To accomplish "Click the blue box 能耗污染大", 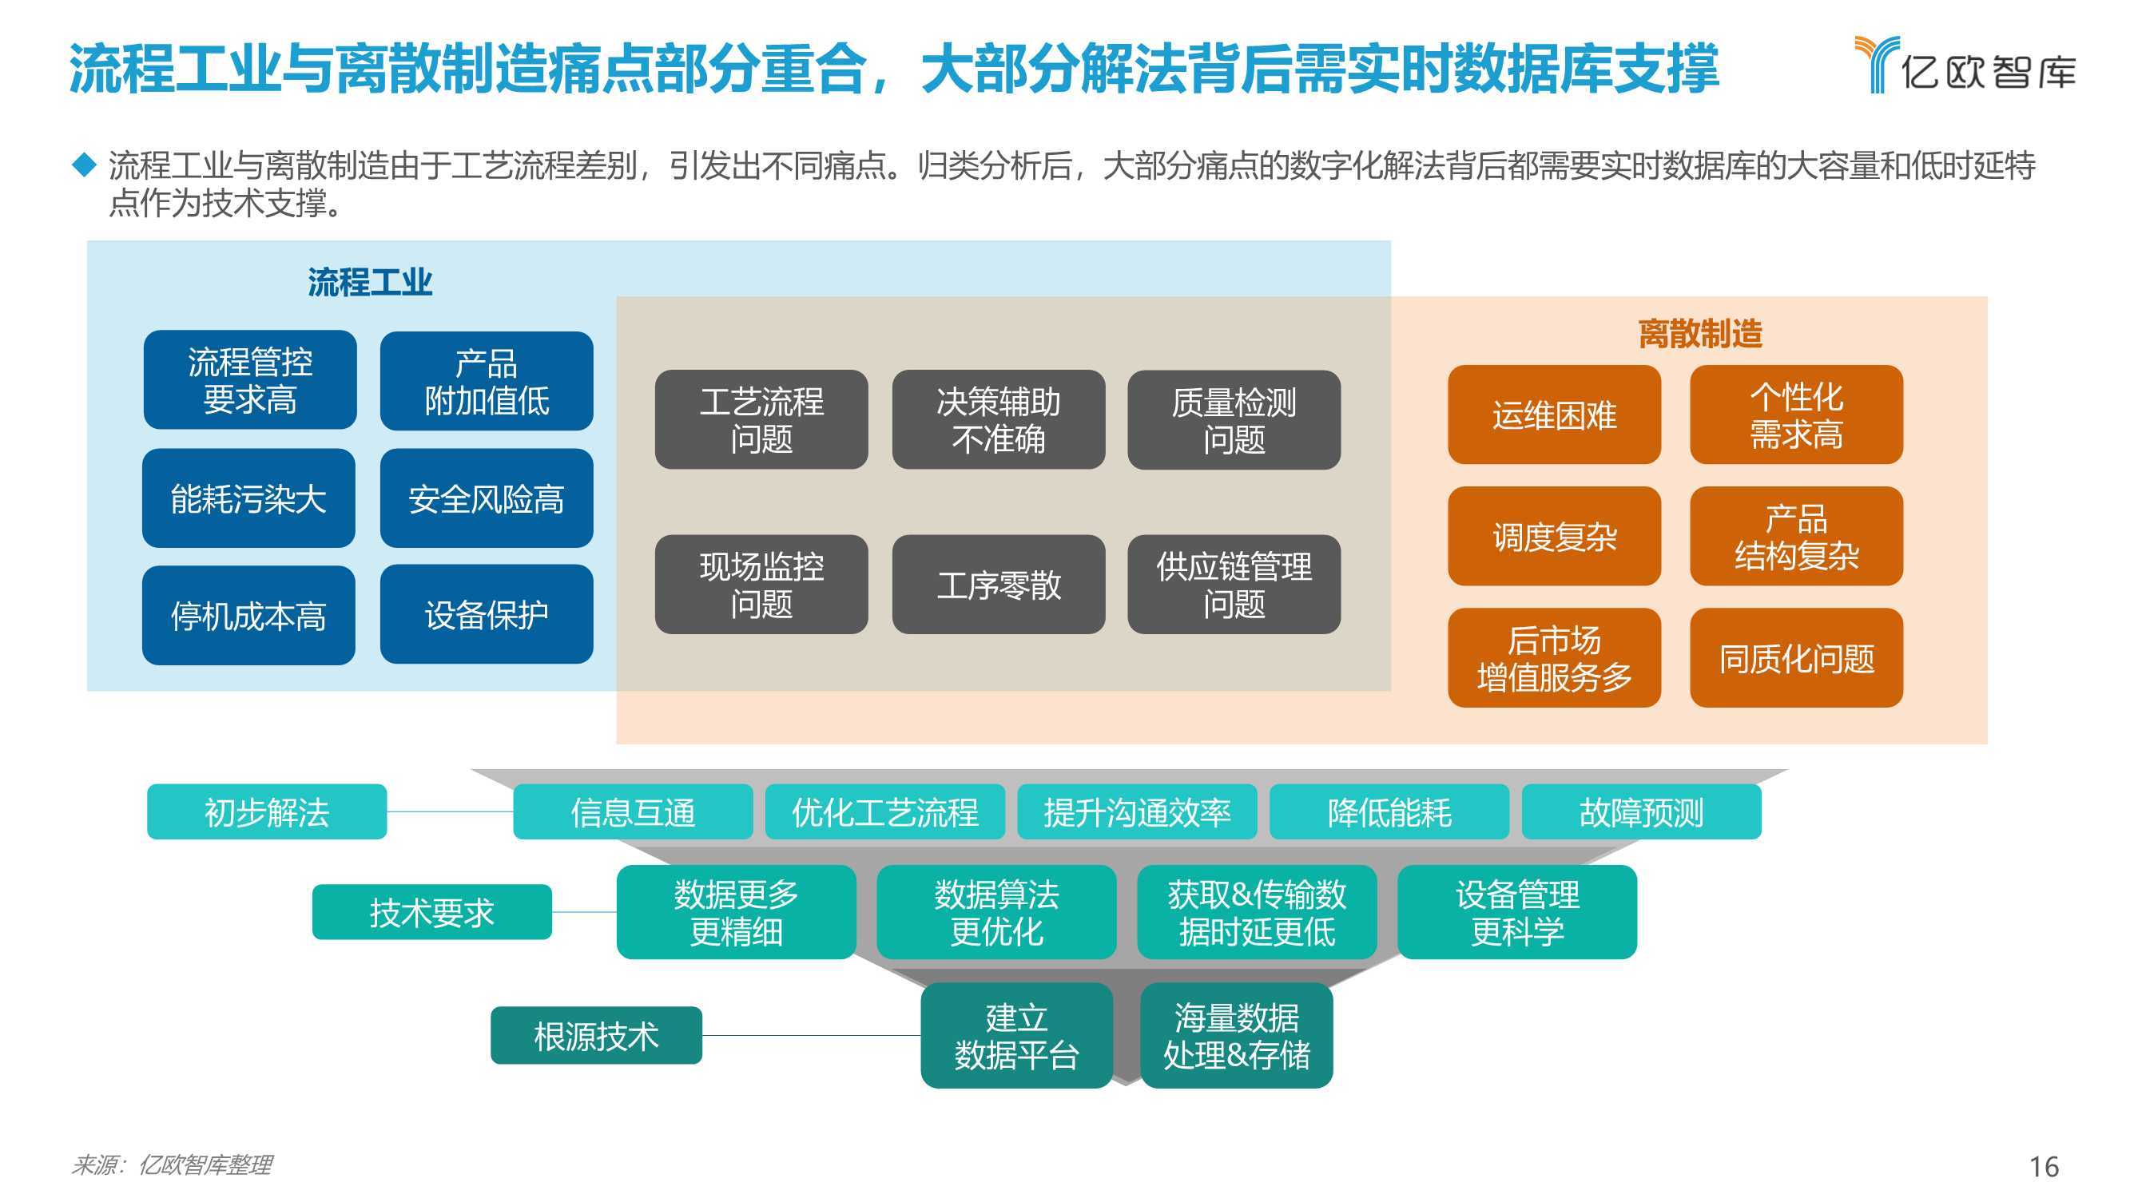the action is point(249,498).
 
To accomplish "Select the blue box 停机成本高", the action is point(249,615).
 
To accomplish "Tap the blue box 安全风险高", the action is point(487,498).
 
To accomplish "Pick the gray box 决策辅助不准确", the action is point(998,419).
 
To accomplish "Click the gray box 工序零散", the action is point(998,585).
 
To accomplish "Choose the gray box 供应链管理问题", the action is point(1234,585).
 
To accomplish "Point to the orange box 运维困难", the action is point(1555,415).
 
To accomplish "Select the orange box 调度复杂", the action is point(1555,536).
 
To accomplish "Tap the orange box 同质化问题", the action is point(1797,657).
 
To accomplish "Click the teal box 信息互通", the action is point(633,812).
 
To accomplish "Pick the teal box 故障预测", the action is point(1641,812).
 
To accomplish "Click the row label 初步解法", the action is point(267,812).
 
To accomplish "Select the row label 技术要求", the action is point(431,912).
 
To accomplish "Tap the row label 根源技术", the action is point(596,1035).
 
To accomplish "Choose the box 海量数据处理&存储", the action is point(1236,1035).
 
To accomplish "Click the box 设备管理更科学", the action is point(1517,912).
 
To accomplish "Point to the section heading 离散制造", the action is point(1700,334).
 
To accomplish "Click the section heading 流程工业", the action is point(370,282).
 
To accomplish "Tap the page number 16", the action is point(2044,1166).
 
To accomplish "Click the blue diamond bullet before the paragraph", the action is point(85,164).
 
